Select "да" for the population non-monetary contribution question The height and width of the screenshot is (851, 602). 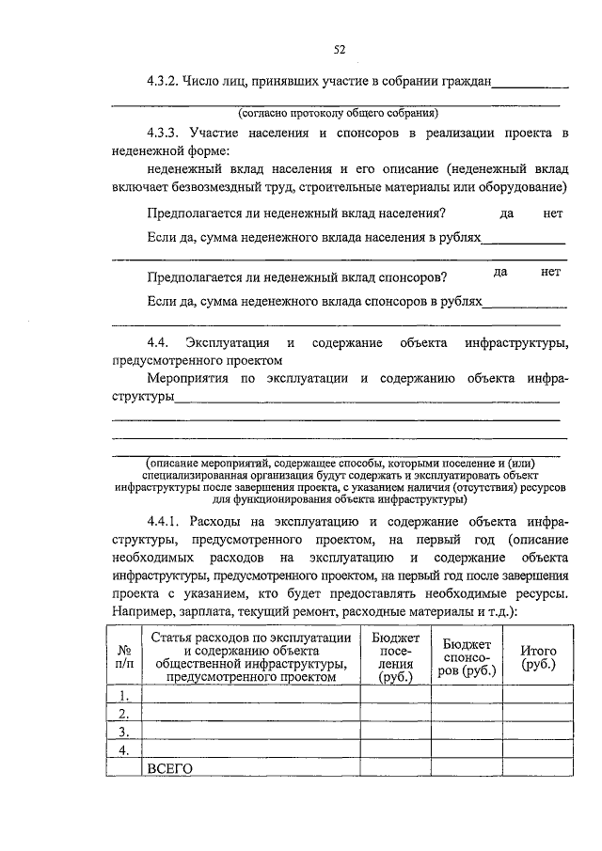[507, 214]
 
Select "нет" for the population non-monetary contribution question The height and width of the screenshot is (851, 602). [553, 214]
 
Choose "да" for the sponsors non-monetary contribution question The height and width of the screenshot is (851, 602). [500, 272]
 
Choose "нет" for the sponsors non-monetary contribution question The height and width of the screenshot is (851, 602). [550, 272]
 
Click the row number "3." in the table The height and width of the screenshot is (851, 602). [123, 731]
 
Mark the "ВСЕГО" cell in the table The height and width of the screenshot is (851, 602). [170, 768]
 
